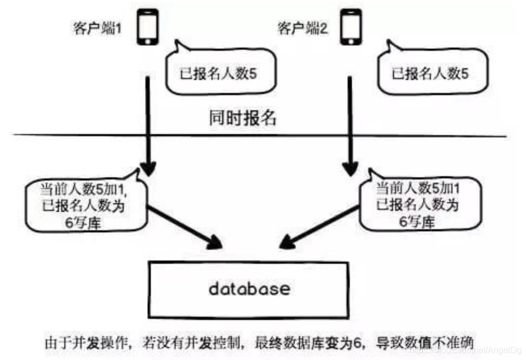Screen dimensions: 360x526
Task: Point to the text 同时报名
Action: coord(243,118)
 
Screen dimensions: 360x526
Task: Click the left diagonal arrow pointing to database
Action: coord(187,227)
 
